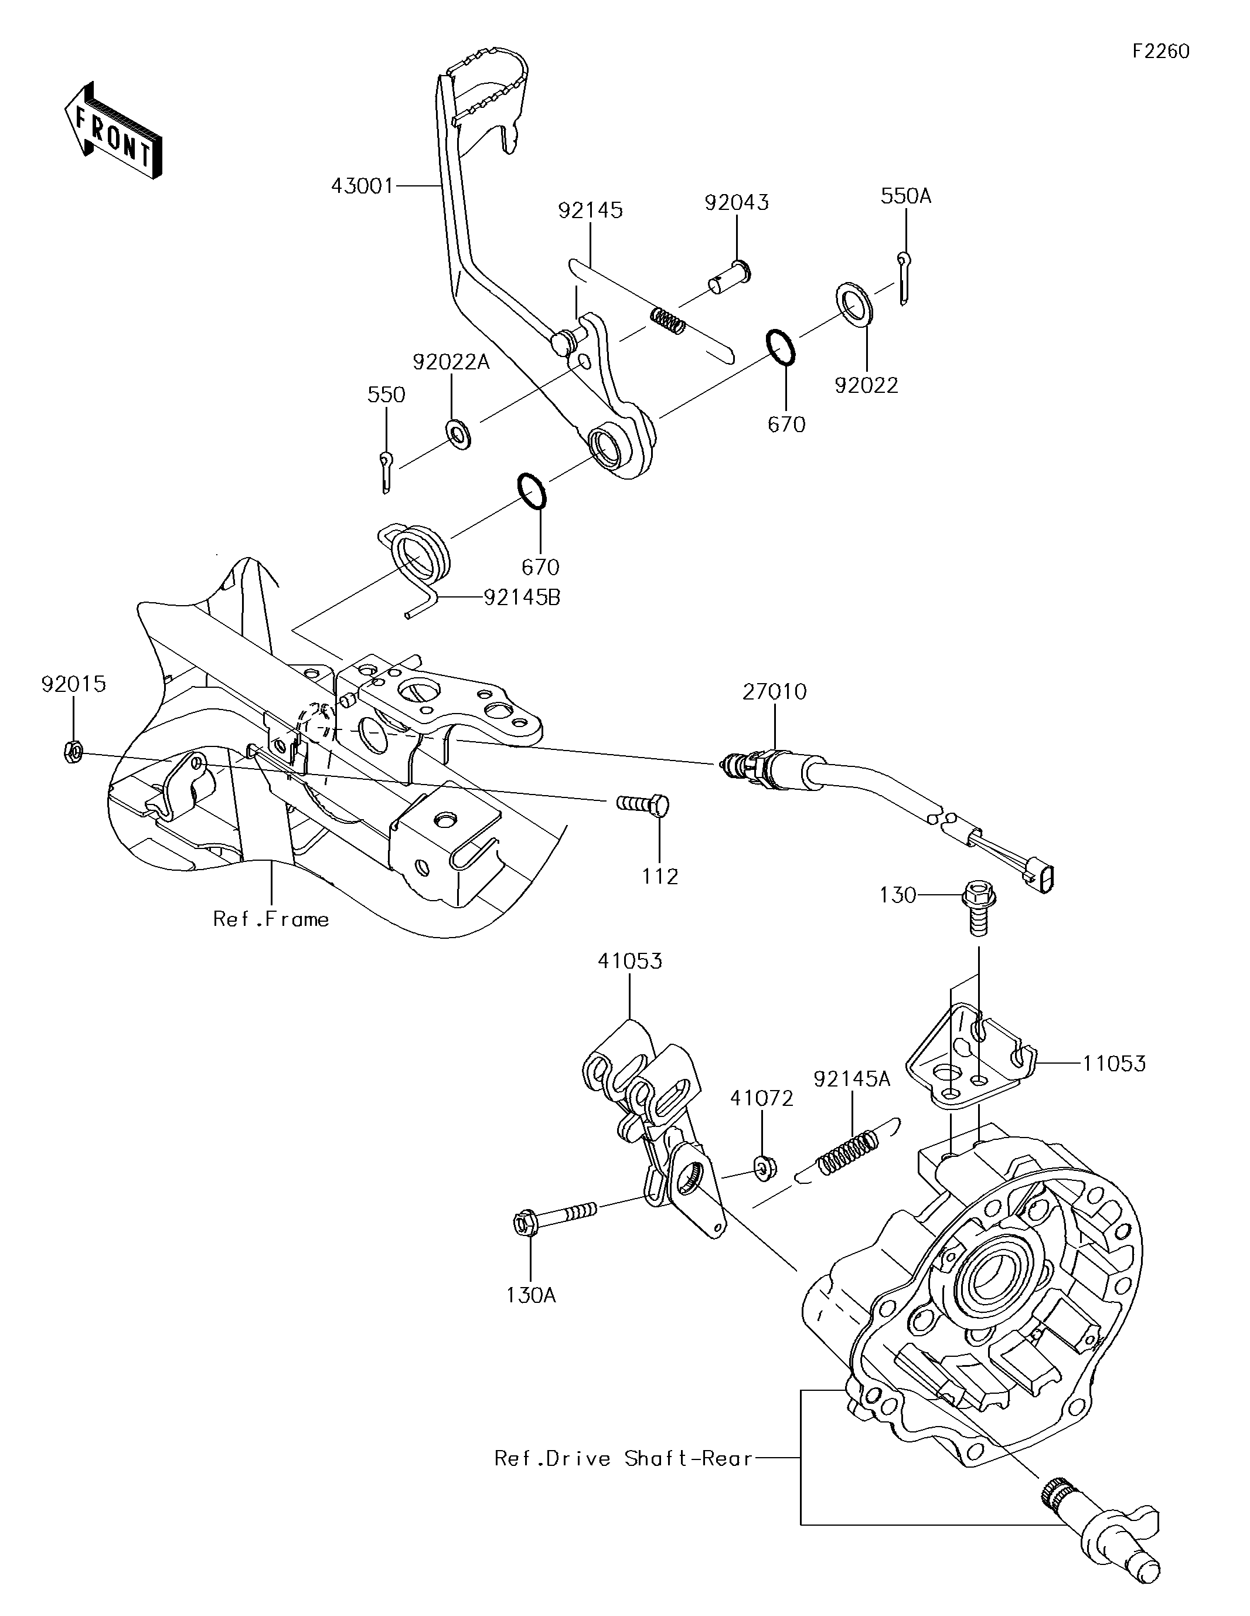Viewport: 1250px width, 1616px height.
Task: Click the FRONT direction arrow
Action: coord(113,130)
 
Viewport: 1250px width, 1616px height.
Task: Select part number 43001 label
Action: coord(362,186)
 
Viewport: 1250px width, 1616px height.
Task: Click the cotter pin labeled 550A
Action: coord(905,277)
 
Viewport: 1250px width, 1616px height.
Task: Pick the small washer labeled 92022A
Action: coord(458,433)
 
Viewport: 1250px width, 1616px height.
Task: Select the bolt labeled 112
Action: coord(643,803)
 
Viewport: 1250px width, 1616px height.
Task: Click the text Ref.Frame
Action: coord(271,919)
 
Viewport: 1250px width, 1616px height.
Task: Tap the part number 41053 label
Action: coord(630,961)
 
